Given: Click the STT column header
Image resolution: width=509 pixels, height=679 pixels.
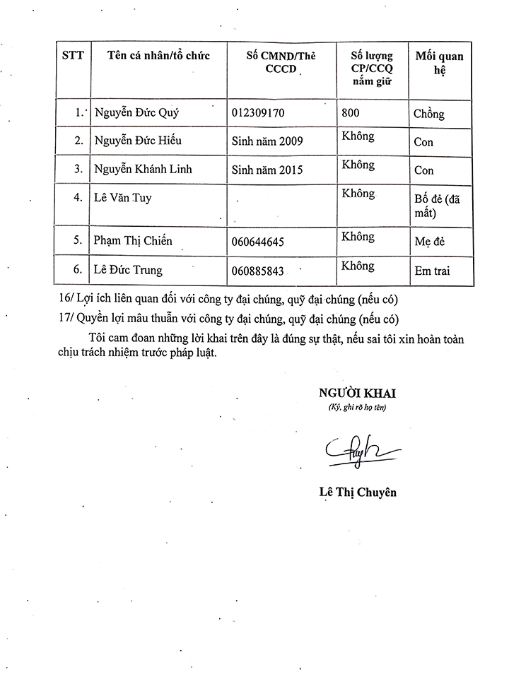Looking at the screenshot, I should [x=73, y=56].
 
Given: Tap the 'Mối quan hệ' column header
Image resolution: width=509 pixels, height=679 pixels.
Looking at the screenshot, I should [x=439, y=63].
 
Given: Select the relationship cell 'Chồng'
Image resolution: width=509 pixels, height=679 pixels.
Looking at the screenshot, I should [x=429, y=113].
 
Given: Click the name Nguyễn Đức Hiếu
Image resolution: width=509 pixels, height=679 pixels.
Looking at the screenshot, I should [x=138, y=141].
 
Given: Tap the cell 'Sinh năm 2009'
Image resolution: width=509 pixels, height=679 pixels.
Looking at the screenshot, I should [x=267, y=141].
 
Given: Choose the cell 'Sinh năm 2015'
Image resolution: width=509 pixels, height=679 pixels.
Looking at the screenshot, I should [x=267, y=170].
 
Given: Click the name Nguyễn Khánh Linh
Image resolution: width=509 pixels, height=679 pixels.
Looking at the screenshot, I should [x=143, y=170].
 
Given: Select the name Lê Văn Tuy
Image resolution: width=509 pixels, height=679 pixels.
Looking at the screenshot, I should [x=123, y=198].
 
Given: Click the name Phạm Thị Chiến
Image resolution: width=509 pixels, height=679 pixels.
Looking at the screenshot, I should [x=133, y=240].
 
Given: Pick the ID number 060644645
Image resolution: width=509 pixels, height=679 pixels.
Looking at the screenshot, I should [x=257, y=242].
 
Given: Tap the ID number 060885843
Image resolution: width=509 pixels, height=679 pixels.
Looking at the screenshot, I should [x=257, y=270].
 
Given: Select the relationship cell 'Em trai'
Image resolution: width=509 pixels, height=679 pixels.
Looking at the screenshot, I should [x=432, y=270].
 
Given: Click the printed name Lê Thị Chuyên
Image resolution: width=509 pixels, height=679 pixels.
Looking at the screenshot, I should [x=357, y=492].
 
